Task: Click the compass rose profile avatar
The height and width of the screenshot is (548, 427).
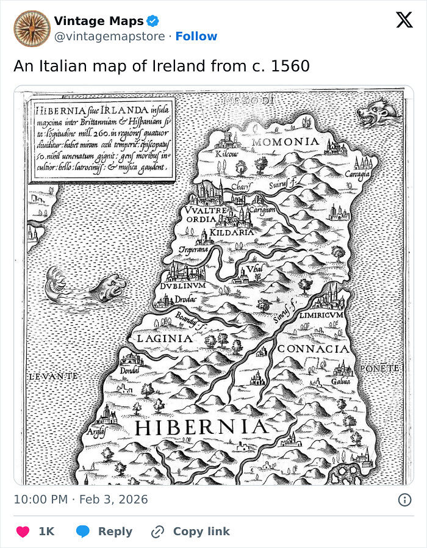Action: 32,29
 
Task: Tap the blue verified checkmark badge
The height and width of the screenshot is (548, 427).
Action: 154,21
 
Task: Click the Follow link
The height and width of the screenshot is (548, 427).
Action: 196,37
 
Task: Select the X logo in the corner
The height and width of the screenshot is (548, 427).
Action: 404,20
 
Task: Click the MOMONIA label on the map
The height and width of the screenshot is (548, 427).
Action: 286,142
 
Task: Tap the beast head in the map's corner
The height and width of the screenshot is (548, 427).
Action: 379,112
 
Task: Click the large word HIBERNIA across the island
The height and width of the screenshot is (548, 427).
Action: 201,427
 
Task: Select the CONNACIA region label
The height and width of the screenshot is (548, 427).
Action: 314,349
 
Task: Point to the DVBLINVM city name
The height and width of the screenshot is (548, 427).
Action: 183,285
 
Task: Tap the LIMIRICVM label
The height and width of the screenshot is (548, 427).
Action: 322,315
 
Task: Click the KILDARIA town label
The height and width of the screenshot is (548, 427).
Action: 232,233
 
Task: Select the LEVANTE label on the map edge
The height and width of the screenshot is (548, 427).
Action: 53,377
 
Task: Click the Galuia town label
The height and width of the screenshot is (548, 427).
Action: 340,381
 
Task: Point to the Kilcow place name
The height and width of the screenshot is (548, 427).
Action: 228,155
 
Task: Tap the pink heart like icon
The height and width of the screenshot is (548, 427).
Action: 23,532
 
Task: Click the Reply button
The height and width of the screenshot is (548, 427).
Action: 104,532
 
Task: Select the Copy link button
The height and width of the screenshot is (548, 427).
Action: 191,532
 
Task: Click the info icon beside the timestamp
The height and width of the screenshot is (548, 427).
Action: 404,500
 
